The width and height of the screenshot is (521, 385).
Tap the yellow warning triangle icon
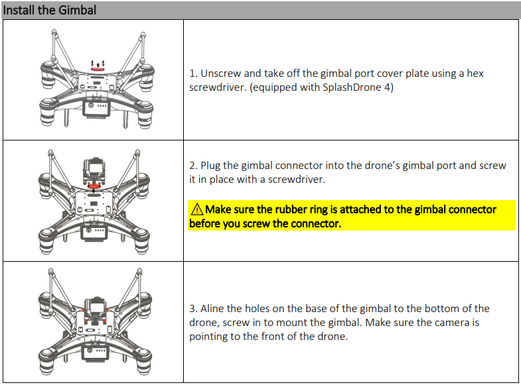coord(197,209)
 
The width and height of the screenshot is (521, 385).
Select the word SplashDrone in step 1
coord(352,87)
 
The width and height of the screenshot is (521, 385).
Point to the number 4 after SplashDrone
coord(387,87)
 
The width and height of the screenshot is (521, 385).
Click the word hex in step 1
coord(475,74)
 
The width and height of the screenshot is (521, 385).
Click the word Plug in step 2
coord(210,166)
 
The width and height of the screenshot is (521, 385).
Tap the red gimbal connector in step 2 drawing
coord(94,186)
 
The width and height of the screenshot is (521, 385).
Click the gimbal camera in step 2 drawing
coord(94,170)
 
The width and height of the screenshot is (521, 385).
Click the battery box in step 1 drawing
coord(96,109)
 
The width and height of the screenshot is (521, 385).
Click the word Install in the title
coord(19,10)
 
